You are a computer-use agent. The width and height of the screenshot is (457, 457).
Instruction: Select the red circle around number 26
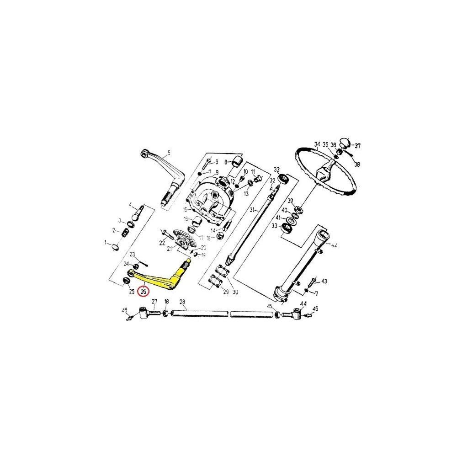click(144, 291)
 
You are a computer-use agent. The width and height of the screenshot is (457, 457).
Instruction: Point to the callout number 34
click(317, 145)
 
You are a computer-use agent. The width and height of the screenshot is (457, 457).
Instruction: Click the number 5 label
click(169, 153)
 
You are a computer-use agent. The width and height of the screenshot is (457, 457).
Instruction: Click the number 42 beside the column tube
click(335, 245)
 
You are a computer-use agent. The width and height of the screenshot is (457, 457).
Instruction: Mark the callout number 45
click(270, 306)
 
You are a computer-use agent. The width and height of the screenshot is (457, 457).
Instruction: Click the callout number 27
click(154, 301)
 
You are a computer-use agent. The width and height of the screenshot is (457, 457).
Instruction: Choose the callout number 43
click(324, 281)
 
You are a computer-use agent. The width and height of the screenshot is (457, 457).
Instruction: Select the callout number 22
click(162, 243)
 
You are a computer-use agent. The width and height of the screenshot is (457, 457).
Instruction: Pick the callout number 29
click(225, 292)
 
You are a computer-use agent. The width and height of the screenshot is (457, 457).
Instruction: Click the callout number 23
click(132, 254)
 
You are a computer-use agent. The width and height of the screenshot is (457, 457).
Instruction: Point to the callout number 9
click(217, 172)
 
